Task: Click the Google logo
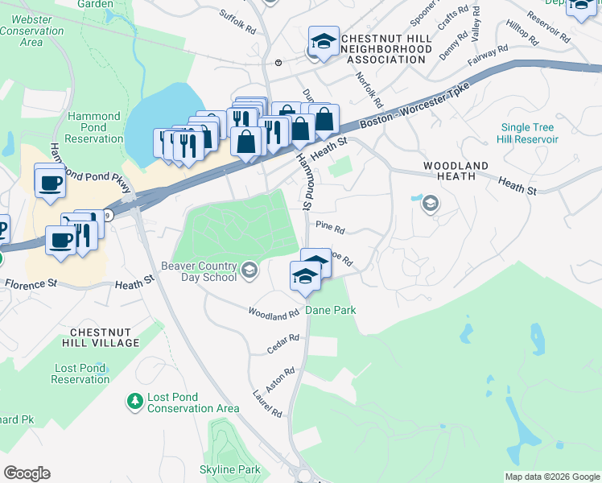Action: click(27, 473)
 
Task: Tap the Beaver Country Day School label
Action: click(198, 271)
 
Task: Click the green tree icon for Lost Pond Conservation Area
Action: click(134, 400)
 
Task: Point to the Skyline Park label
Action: click(230, 469)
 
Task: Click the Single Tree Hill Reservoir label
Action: click(529, 133)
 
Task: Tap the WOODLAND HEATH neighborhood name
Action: click(456, 171)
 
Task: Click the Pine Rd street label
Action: click(330, 229)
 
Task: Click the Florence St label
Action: click(31, 283)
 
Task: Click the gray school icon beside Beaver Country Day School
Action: click(249, 270)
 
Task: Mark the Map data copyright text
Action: click(551, 477)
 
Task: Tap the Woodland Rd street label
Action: click(274, 312)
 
